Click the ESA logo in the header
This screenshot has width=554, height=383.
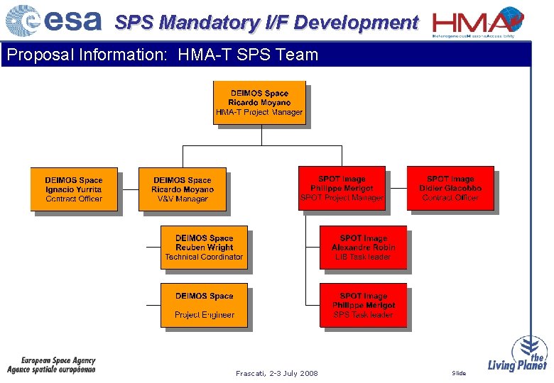tap(53, 21)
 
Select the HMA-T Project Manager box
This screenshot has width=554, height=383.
tap(260, 103)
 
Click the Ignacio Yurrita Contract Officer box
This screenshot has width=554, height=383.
tap(74, 189)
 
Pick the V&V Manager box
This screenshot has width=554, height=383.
tap(183, 189)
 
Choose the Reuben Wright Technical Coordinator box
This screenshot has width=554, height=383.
tap(204, 248)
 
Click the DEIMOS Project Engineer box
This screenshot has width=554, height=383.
tap(204, 305)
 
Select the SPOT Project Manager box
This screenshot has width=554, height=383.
tap(342, 188)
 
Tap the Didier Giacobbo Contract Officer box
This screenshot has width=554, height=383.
tap(450, 188)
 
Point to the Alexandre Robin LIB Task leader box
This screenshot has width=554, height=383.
tap(363, 248)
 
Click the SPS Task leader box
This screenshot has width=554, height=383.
tap(363, 305)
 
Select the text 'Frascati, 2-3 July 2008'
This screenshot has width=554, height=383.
tap(277, 373)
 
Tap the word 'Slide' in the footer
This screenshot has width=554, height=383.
tap(459, 373)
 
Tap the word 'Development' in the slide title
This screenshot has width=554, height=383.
tap(355, 23)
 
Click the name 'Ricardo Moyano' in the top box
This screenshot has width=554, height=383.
tap(260, 103)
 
